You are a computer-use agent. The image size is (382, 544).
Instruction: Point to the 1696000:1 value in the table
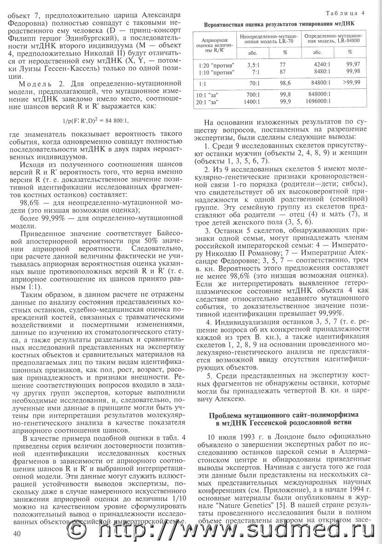pyautogui.click(x=317, y=100)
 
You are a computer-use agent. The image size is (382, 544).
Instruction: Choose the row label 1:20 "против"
pyautogui.click(x=215, y=64)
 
